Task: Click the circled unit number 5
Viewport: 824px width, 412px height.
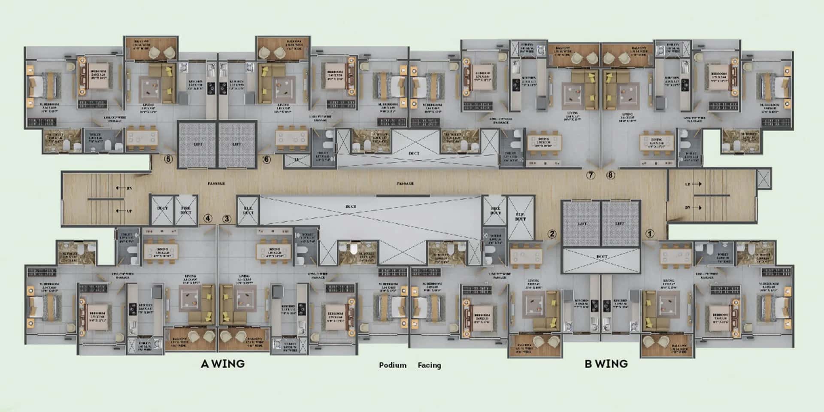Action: [168, 159]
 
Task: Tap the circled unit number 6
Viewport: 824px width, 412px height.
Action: [267, 159]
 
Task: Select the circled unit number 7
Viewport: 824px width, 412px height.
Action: [591, 175]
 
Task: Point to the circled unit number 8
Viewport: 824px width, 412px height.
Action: [611, 175]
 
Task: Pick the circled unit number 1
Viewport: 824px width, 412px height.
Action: [650, 233]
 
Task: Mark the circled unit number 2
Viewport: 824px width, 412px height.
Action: [552, 233]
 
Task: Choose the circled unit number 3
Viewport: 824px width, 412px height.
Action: [227, 218]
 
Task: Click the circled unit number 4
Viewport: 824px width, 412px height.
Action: [208, 218]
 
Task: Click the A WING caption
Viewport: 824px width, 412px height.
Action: [223, 364]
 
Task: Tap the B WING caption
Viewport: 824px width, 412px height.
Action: [606, 364]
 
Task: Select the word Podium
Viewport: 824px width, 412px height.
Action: [392, 365]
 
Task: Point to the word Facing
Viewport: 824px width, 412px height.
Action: [429, 365]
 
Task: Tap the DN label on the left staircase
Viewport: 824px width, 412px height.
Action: [129, 188]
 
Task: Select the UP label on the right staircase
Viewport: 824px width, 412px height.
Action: [688, 184]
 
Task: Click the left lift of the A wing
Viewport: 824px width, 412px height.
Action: [197, 144]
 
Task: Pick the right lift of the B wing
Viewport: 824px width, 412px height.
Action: [620, 224]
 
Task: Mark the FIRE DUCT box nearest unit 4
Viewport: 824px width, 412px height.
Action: [186, 210]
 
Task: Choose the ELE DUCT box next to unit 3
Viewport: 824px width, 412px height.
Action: [248, 210]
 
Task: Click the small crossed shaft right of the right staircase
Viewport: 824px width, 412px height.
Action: [763, 179]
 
